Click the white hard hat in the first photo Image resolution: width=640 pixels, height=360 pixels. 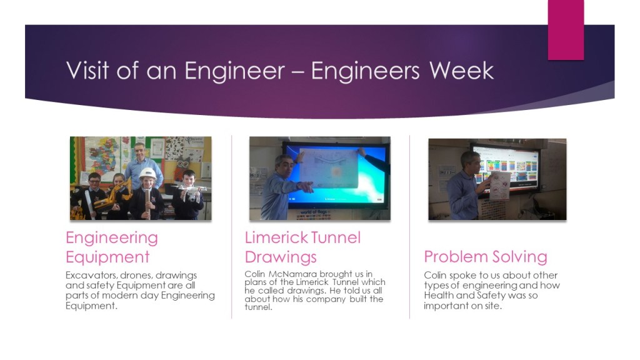click(147, 174)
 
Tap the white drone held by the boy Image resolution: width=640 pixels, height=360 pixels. click(192, 191)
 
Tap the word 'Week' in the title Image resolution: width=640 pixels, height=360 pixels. click(461, 71)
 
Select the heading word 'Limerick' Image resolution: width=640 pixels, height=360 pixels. click(276, 237)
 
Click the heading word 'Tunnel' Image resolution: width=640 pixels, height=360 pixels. click(336, 237)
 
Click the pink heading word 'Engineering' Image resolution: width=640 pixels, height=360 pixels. click(112, 238)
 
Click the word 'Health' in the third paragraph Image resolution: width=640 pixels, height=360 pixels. click(439, 295)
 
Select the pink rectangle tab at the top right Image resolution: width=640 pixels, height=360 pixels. click(566, 30)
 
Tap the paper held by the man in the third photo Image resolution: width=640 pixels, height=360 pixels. click(501, 186)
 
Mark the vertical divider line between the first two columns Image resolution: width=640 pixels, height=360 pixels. click(232, 226)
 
